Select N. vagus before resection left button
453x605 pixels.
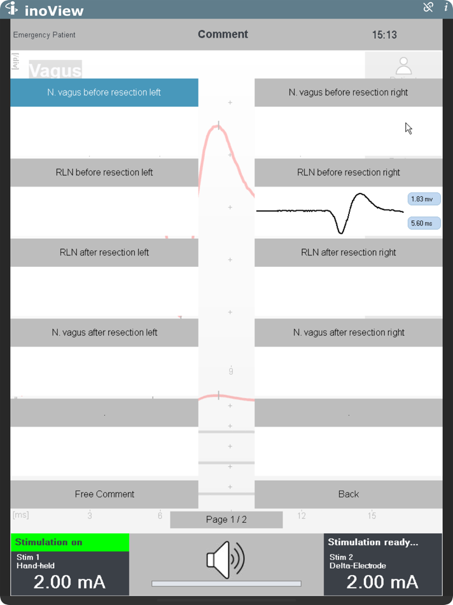pos(104,92)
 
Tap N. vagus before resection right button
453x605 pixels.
pos(348,92)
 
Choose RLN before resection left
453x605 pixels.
pos(104,173)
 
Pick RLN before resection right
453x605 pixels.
pos(348,173)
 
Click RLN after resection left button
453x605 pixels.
pos(104,252)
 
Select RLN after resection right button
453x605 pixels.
pos(348,252)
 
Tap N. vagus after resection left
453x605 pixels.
pos(104,332)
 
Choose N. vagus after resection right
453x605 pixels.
pos(348,332)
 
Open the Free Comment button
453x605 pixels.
pos(104,494)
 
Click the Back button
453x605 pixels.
pos(348,494)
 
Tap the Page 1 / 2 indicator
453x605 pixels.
pos(226,520)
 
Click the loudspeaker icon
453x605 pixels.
pos(226,560)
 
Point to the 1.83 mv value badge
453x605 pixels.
pos(422,199)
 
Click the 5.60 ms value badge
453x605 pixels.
pos(422,224)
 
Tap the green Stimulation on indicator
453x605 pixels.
pos(70,543)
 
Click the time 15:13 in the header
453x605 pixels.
pos(384,35)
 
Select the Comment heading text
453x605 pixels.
pos(223,34)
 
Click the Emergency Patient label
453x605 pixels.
pos(44,35)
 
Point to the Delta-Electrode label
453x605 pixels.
pos(358,566)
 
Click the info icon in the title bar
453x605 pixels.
pos(445,8)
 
